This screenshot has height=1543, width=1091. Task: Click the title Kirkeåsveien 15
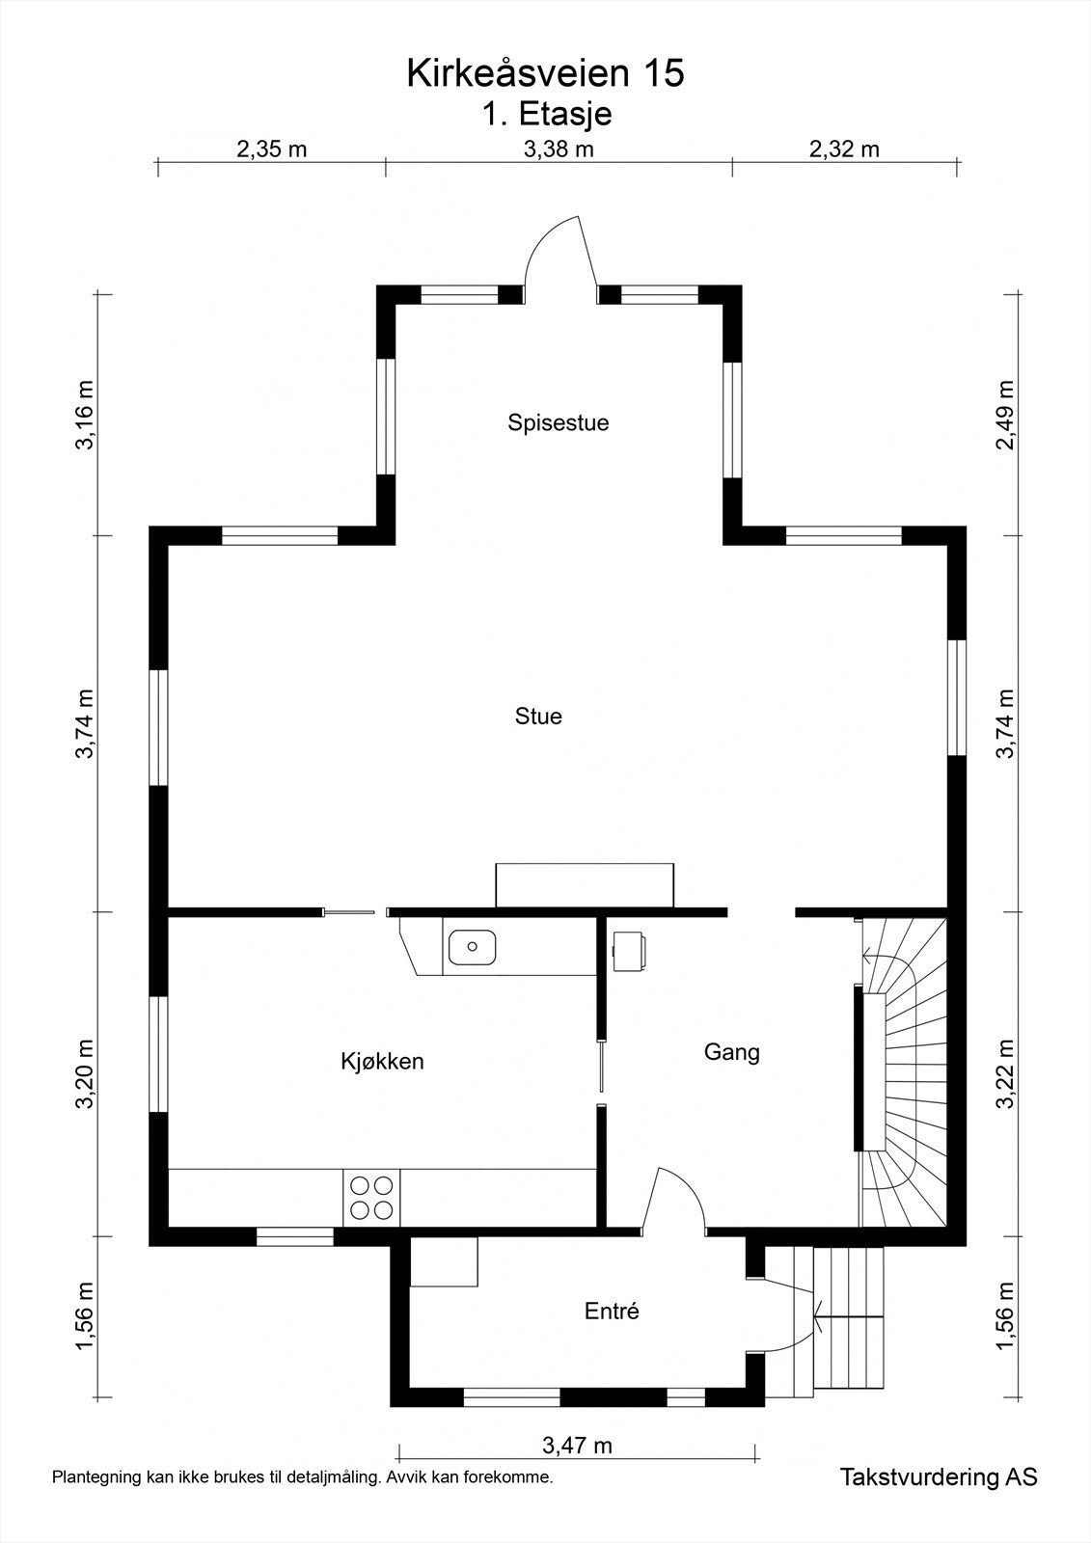[x=545, y=73]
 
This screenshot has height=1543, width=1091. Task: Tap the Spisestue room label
[x=559, y=422]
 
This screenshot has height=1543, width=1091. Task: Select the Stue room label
[x=538, y=717]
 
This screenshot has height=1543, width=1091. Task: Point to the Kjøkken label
[x=382, y=1062]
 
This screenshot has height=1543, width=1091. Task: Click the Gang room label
[x=732, y=1052]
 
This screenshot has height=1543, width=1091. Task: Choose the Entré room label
[x=612, y=1311]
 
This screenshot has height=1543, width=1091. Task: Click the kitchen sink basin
[x=472, y=946]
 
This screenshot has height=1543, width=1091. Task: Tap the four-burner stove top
[x=371, y=1198]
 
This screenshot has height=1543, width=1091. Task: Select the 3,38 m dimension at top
[x=559, y=149]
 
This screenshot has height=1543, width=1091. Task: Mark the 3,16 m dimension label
[x=85, y=415]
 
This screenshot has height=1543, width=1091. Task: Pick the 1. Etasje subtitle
[x=547, y=114]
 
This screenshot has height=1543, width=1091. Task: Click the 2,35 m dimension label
[x=271, y=149]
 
